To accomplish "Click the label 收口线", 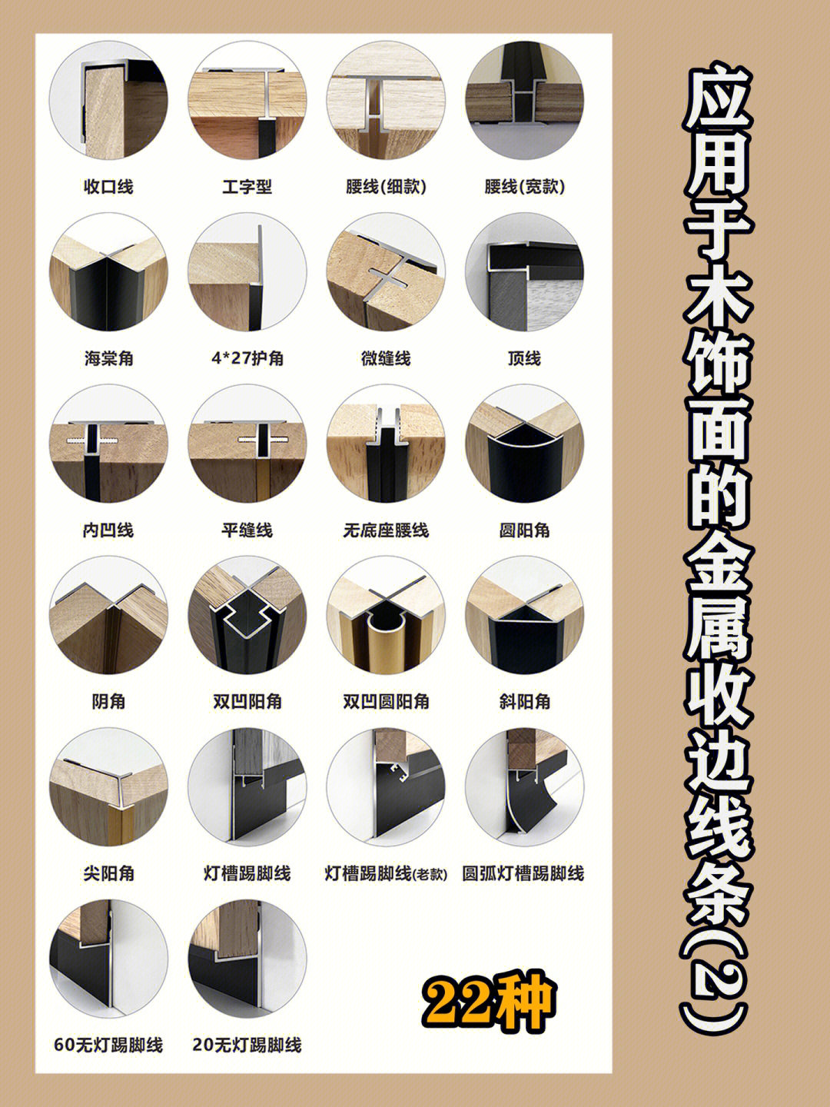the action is coord(108,187).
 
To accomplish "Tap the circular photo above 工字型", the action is coord(247,100).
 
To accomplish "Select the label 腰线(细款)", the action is coord(386,187).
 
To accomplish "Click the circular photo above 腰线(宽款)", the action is coord(525,100).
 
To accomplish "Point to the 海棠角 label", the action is coord(108,358).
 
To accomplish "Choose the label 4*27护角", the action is coord(247,358).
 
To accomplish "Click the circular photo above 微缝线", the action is coord(386,272).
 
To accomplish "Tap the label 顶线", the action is coord(525,358).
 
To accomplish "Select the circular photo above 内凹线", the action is coord(108,444).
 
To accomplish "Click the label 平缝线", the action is coord(247,530).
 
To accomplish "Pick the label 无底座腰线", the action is coord(386,530).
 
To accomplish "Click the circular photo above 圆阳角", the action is coord(525,444).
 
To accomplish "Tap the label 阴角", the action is coord(108,702).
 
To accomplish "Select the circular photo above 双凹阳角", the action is coord(247,615).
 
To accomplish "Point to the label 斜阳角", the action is coord(525,702).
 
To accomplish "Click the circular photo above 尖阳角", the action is coord(108,786).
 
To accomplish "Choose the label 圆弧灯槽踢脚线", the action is coord(523,873).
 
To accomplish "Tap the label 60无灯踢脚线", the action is coord(108,1045).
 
